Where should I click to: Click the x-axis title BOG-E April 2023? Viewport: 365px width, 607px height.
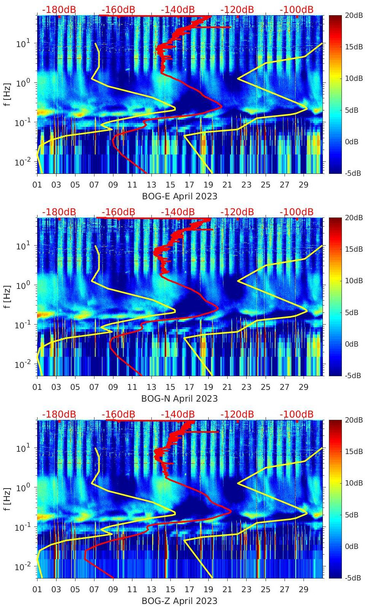coord(179,196)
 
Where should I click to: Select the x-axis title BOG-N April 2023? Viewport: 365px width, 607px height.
coord(179,399)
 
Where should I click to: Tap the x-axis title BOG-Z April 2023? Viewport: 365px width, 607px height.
coord(179,601)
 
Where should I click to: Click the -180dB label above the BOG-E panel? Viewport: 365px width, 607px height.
coord(59,9)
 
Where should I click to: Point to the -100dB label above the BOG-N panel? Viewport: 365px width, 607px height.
coord(296,212)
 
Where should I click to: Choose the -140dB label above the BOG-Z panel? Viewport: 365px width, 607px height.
coord(178,414)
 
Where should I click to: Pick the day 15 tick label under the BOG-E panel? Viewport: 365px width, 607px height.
coord(170,185)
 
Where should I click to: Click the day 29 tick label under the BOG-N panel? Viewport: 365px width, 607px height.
coord(304,387)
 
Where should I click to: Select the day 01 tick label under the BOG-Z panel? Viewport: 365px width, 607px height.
coord(37,590)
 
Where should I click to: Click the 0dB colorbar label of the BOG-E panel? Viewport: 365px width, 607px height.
coord(353,142)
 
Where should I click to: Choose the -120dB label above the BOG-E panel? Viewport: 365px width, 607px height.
coord(237,9)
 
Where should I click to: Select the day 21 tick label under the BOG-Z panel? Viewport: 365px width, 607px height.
coord(227,590)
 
